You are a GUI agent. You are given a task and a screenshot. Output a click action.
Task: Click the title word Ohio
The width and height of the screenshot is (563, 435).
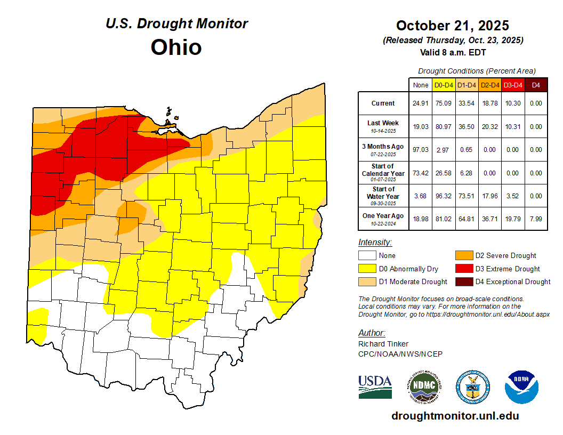click(x=176, y=47)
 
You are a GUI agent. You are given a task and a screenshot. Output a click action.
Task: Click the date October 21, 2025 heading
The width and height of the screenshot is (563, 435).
click(x=452, y=26)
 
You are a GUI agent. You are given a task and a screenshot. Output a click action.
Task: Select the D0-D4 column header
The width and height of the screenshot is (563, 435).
click(x=444, y=85)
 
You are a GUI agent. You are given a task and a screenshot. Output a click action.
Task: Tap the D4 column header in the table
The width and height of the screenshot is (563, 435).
click(x=536, y=85)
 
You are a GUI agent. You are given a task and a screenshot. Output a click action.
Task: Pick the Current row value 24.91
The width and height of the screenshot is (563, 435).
click(x=421, y=103)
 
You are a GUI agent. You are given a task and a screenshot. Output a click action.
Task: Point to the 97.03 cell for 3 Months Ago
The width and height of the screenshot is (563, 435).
click(x=421, y=150)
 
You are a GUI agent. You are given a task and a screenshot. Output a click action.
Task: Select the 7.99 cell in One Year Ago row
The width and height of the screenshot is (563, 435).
click(x=536, y=219)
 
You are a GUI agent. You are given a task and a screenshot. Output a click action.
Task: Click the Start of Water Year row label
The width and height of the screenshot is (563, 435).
click(x=383, y=196)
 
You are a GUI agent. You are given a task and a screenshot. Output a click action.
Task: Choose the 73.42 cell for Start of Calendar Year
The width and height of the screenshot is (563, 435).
click(x=421, y=173)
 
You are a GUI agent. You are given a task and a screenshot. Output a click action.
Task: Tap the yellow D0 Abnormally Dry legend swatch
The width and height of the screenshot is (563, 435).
click(x=367, y=269)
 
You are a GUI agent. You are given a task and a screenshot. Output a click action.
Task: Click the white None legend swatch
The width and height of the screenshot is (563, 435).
click(x=367, y=256)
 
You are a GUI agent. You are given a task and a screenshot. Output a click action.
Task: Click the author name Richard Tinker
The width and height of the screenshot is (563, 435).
click(x=383, y=344)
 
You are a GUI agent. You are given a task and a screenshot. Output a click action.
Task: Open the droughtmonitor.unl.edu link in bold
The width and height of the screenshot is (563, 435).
click(x=455, y=416)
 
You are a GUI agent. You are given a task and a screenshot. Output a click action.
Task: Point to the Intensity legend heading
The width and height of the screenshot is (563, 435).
click(x=375, y=243)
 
